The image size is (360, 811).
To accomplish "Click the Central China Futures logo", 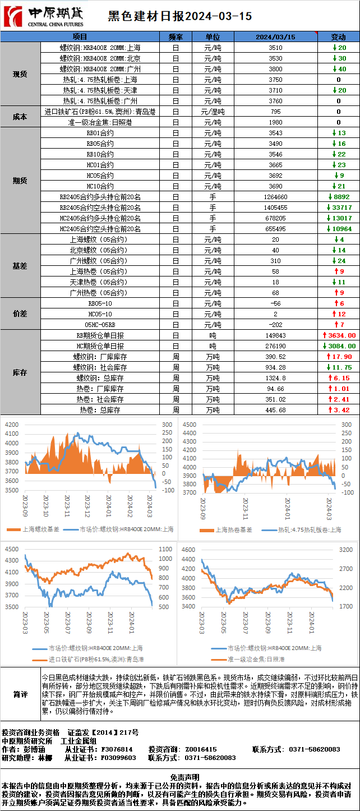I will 44,16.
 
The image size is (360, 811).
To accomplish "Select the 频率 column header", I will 176,37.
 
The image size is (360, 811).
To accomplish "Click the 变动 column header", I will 338,37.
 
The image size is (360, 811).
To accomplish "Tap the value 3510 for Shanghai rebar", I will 275,48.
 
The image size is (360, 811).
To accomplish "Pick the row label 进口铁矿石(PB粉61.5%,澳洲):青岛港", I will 100,112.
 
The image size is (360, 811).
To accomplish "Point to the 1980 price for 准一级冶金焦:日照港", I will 275,122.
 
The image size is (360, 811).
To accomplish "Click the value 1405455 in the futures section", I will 275,208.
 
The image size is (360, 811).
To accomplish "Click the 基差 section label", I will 20,266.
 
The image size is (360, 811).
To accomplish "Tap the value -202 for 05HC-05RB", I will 275,325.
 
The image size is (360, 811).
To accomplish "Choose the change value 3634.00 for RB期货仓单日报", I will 338,335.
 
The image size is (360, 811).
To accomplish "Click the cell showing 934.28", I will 275,367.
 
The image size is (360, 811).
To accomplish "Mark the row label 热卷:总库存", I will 100,410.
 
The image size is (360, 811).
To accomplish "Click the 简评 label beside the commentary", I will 20,695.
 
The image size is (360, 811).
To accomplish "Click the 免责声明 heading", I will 180,777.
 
